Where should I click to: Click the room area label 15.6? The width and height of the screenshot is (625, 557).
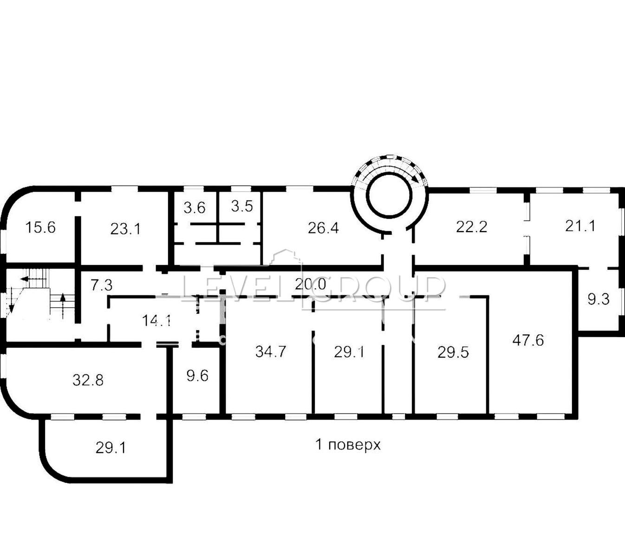[x=40, y=227]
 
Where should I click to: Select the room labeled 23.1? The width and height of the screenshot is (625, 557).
[x=125, y=229]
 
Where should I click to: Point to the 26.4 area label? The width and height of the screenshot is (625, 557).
[x=323, y=228]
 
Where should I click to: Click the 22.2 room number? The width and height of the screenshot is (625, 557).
[x=472, y=227]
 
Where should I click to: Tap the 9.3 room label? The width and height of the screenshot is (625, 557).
[x=599, y=299]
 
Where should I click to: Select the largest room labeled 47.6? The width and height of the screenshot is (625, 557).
[x=528, y=341]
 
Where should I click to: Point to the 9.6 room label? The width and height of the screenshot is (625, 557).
[x=197, y=376]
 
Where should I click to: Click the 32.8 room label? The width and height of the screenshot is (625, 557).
[x=88, y=380]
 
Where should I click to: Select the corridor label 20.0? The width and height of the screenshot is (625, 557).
[x=310, y=284]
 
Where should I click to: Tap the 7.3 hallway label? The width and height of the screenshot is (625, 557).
[x=102, y=285]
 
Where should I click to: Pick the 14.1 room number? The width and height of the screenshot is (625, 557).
[x=156, y=321]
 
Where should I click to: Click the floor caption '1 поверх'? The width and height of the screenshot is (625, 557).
[x=348, y=445]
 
